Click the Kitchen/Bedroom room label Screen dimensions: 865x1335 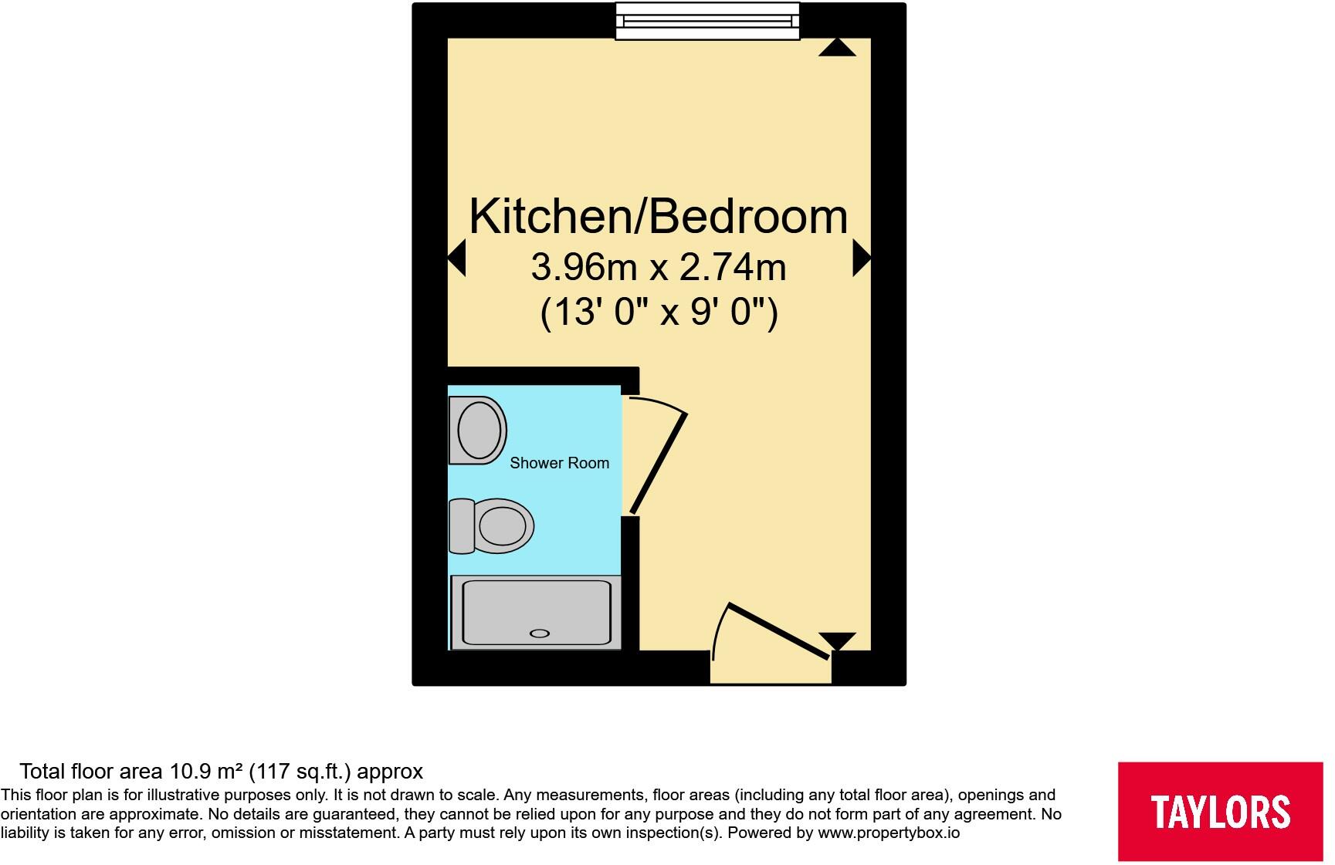point(659,216)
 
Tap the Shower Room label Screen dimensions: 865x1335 point(559,463)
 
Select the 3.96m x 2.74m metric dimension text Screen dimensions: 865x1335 point(659,268)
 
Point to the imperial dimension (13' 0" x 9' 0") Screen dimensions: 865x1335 point(659,313)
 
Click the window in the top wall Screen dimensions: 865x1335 point(707,21)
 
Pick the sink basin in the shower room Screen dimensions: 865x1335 point(478,430)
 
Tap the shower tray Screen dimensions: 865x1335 point(536,611)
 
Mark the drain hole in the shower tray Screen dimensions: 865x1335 point(539,634)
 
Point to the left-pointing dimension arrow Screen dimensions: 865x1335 point(457,258)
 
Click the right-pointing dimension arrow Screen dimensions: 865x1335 point(861,258)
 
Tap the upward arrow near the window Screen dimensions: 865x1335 point(837,48)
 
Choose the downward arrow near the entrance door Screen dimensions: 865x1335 point(837,640)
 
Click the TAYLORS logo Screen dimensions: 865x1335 point(1220,811)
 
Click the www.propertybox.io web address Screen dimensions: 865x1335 point(889,833)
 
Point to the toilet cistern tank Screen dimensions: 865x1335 point(462,525)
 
